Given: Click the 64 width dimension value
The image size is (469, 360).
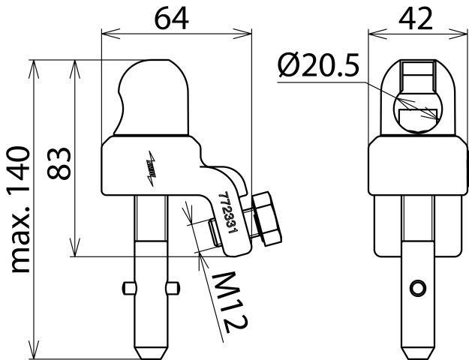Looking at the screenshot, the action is pos(171,19).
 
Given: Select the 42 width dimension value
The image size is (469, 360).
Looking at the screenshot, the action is pos(416,19).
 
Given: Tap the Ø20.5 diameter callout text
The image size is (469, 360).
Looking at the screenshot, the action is pos(318,64).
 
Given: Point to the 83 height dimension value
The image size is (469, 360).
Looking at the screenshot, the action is pos(59,163).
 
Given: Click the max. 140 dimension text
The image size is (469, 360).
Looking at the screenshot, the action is pos(20,209).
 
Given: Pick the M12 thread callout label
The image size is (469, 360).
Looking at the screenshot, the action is pos(230,302).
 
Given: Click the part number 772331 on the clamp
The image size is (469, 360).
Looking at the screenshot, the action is pos(228,212).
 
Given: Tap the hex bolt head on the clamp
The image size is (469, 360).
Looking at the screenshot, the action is pos(267,219).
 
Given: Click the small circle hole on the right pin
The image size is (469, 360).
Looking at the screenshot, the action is pos(417,288).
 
